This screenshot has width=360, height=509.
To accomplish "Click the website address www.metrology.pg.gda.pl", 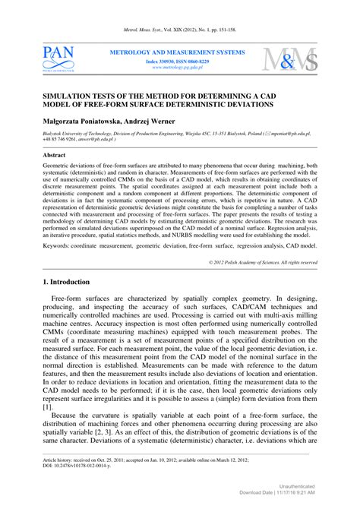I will point(180,66).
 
